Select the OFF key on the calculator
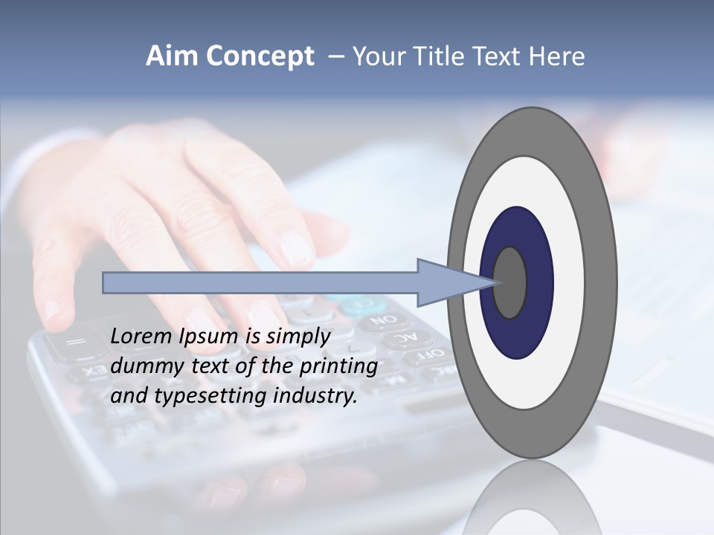433,354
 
